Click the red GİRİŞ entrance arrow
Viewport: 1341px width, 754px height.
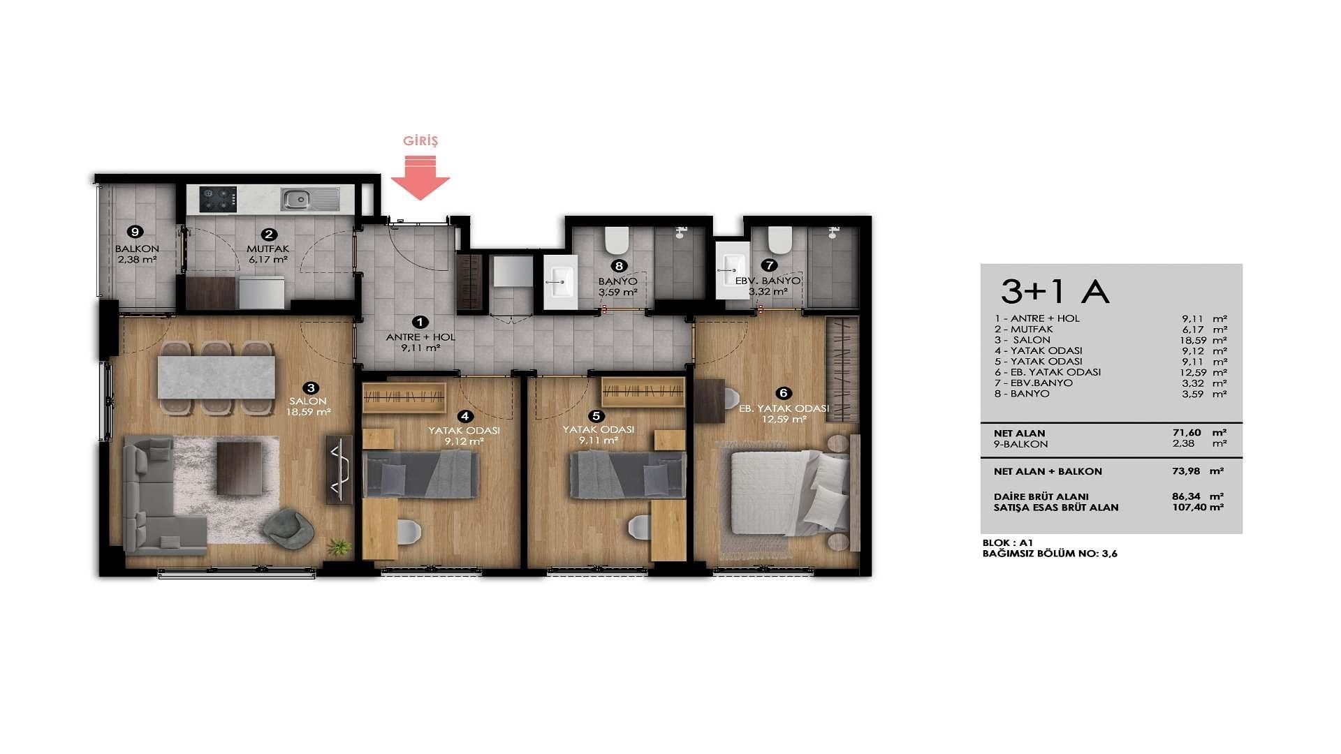(420, 178)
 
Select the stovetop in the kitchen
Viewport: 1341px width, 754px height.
(218, 199)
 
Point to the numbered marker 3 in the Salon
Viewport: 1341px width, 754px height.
(311, 387)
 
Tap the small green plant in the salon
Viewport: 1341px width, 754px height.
(340, 546)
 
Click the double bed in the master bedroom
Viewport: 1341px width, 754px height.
(786, 493)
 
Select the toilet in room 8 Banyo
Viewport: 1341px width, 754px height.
(617, 239)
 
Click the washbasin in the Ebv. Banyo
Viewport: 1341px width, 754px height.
(732, 271)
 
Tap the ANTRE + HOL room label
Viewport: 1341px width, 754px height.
(420, 337)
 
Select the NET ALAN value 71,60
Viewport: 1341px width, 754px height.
(1187, 433)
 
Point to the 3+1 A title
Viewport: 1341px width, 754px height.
(1055, 291)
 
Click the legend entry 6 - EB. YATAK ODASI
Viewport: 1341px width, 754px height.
(1048, 372)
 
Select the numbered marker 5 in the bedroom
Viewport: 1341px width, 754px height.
(596, 416)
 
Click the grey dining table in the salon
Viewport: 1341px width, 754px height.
(217, 377)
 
